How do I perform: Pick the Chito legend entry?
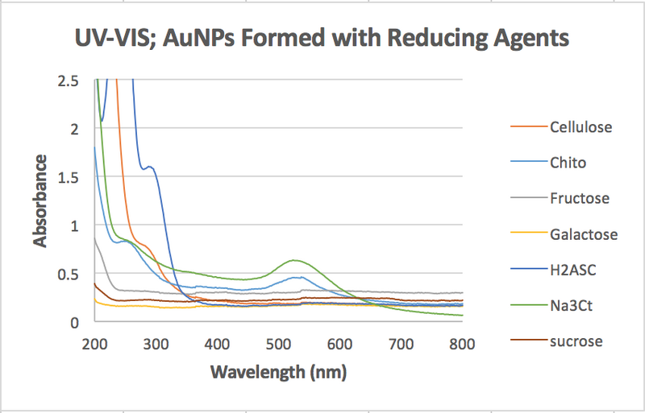click(x=568, y=163)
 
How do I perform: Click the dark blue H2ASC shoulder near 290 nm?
click(x=149, y=167)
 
